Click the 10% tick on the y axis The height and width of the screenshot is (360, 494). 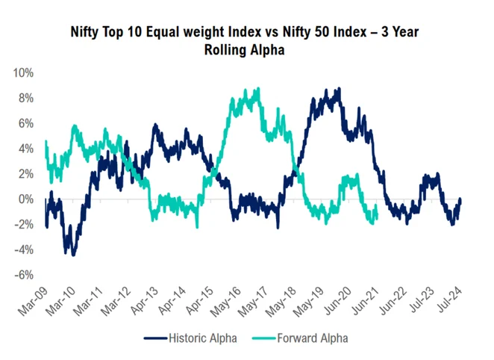[22, 73]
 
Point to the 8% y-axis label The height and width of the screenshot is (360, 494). [24, 99]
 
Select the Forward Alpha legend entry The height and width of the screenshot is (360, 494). [307, 338]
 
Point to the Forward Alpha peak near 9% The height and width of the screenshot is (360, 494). [258, 89]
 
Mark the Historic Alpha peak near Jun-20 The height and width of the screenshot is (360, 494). [340, 89]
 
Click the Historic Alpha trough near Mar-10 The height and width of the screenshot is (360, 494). [72, 255]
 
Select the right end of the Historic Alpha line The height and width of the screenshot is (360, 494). [460, 199]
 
